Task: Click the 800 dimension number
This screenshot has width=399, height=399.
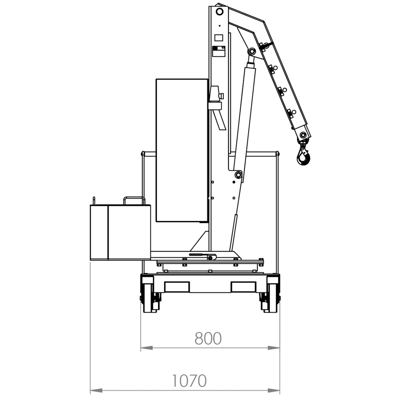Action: pyautogui.click(x=208, y=338)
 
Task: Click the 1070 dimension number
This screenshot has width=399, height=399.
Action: pyautogui.click(x=189, y=381)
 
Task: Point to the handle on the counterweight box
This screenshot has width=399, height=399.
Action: pyautogui.click(x=134, y=200)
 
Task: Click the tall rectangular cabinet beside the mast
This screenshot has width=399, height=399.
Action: pyautogui.click(x=182, y=150)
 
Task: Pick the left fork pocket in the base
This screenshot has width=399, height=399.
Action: pyautogui.click(x=177, y=287)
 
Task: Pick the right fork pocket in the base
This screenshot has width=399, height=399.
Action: pyautogui.click(x=243, y=287)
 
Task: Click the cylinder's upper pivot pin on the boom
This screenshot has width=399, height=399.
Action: pyautogui.click(x=252, y=51)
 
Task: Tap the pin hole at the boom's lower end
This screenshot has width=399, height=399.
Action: pyautogui.click(x=303, y=135)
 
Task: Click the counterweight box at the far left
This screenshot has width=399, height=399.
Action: pyautogui.click(x=120, y=232)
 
